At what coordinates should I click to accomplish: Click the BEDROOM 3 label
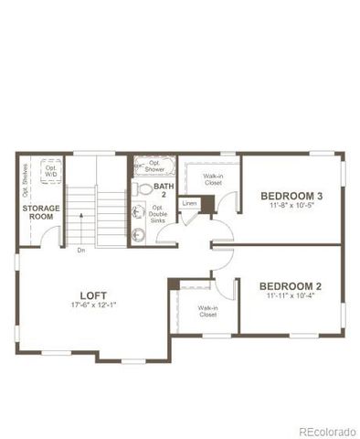pyautogui.click(x=291, y=196)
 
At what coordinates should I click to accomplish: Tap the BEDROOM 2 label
pyautogui.click(x=291, y=285)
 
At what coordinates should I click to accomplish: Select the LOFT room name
pyautogui.click(x=93, y=294)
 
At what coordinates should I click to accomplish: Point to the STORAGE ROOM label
pyautogui.click(x=40, y=212)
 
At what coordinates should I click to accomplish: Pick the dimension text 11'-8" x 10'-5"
pyautogui.click(x=291, y=207)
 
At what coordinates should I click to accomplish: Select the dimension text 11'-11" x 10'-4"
pyautogui.click(x=291, y=296)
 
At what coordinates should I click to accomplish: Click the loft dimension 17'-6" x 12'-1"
pyautogui.click(x=93, y=305)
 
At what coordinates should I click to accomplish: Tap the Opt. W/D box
pyautogui.click(x=52, y=172)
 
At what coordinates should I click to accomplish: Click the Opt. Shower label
pyautogui.click(x=154, y=167)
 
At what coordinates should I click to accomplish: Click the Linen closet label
pyautogui.click(x=189, y=203)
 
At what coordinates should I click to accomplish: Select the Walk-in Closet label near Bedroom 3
pyautogui.click(x=213, y=178)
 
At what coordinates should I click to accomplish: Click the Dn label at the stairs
pyautogui.click(x=81, y=250)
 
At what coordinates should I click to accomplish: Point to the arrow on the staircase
pyautogui.click(x=81, y=218)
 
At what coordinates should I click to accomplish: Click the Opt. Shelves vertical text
pyautogui.click(x=25, y=180)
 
